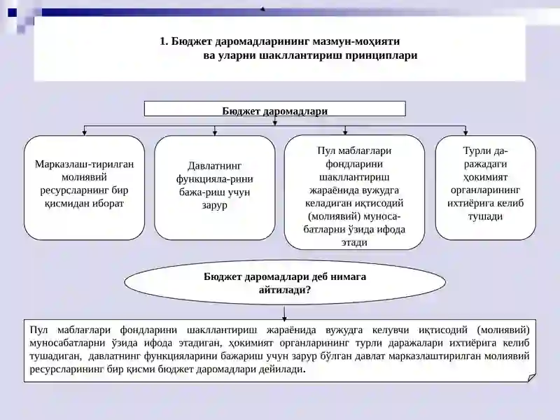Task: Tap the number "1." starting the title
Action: (164, 41)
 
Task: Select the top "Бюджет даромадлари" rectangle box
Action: (274, 109)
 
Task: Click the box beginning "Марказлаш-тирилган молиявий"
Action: (84, 188)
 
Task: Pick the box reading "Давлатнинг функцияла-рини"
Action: (215, 188)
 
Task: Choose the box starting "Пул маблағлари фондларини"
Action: (354, 192)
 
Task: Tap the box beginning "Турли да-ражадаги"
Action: (485, 188)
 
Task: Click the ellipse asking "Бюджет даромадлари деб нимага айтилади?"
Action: (285, 283)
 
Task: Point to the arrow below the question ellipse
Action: (284, 312)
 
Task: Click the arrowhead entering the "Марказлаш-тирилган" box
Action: (84, 133)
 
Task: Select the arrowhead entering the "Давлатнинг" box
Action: (215, 133)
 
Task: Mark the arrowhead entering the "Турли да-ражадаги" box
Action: (465, 133)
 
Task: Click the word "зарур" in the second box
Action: (214, 206)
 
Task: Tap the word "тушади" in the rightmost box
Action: (485, 216)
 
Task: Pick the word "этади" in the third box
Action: (354, 242)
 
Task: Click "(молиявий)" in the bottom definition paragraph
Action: (503, 330)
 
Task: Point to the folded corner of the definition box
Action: (531, 377)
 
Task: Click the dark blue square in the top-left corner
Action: (12, 13)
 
